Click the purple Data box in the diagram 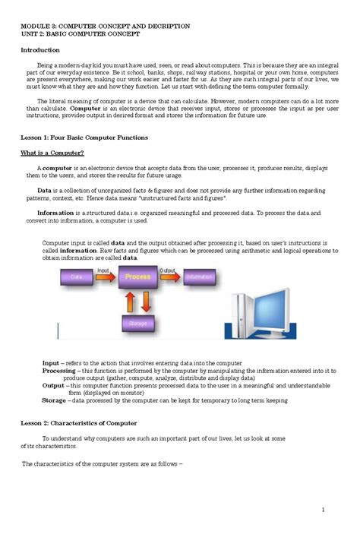(x=77, y=278)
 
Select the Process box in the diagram (x=137, y=278)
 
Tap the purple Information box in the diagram (x=198, y=278)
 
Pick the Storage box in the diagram (x=137, y=323)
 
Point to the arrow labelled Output (x=169, y=275)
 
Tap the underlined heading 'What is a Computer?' (x=52, y=153)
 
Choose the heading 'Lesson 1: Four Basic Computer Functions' (x=84, y=137)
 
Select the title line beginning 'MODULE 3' (x=105, y=26)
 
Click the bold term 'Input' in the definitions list (x=50, y=364)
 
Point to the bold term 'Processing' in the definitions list (x=58, y=371)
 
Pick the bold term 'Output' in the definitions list (x=53, y=385)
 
